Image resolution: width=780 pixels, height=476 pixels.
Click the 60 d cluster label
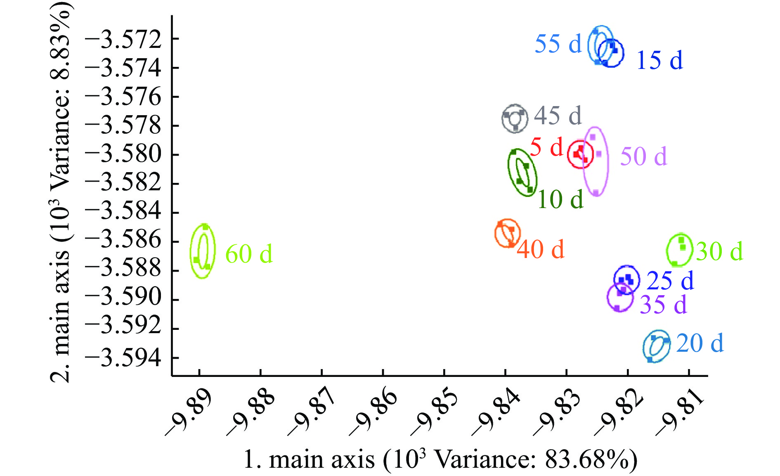point(249,253)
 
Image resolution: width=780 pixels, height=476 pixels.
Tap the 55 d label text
point(558,43)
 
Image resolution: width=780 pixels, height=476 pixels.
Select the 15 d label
point(659,60)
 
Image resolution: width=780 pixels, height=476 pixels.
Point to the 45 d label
point(558,115)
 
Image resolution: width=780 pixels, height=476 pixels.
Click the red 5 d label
point(546,147)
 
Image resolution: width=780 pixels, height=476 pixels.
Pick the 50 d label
point(643,156)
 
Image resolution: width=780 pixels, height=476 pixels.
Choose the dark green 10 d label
point(560,199)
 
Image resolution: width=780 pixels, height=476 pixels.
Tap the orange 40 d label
point(540,249)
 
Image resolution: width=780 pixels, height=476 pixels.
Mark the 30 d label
point(719,251)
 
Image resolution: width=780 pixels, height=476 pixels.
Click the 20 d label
point(700,343)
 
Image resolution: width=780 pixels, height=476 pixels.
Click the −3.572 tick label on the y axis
point(123,40)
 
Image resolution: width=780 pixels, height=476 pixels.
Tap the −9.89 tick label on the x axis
point(189,413)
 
